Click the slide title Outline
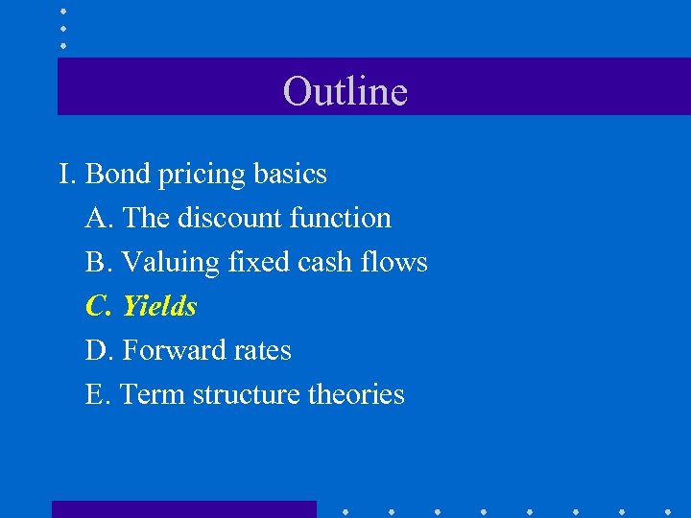pyautogui.click(x=345, y=91)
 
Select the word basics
pyautogui.click(x=290, y=174)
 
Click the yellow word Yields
pyautogui.click(x=159, y=306)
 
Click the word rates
pyautogui.click(x=260, y=351)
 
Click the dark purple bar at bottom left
pyautogui.click(x=183, y=508)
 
